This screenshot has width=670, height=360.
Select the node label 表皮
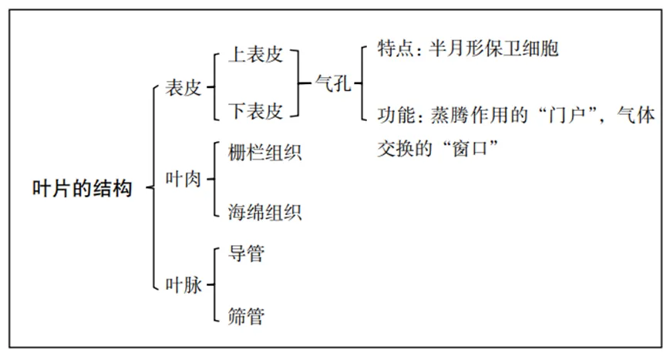[x=183, y=88]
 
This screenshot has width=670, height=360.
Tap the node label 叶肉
[x=183, y=180]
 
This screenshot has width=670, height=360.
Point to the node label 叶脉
[x=183, y=285]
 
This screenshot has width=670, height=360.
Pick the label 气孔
[x=334, y=83]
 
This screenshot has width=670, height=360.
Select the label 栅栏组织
[x=265, y=152]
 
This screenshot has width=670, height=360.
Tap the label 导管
[x=246, y=253]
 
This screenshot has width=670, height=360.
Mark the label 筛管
[x=246, y=315]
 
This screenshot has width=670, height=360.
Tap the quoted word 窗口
[x=474, y=146]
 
